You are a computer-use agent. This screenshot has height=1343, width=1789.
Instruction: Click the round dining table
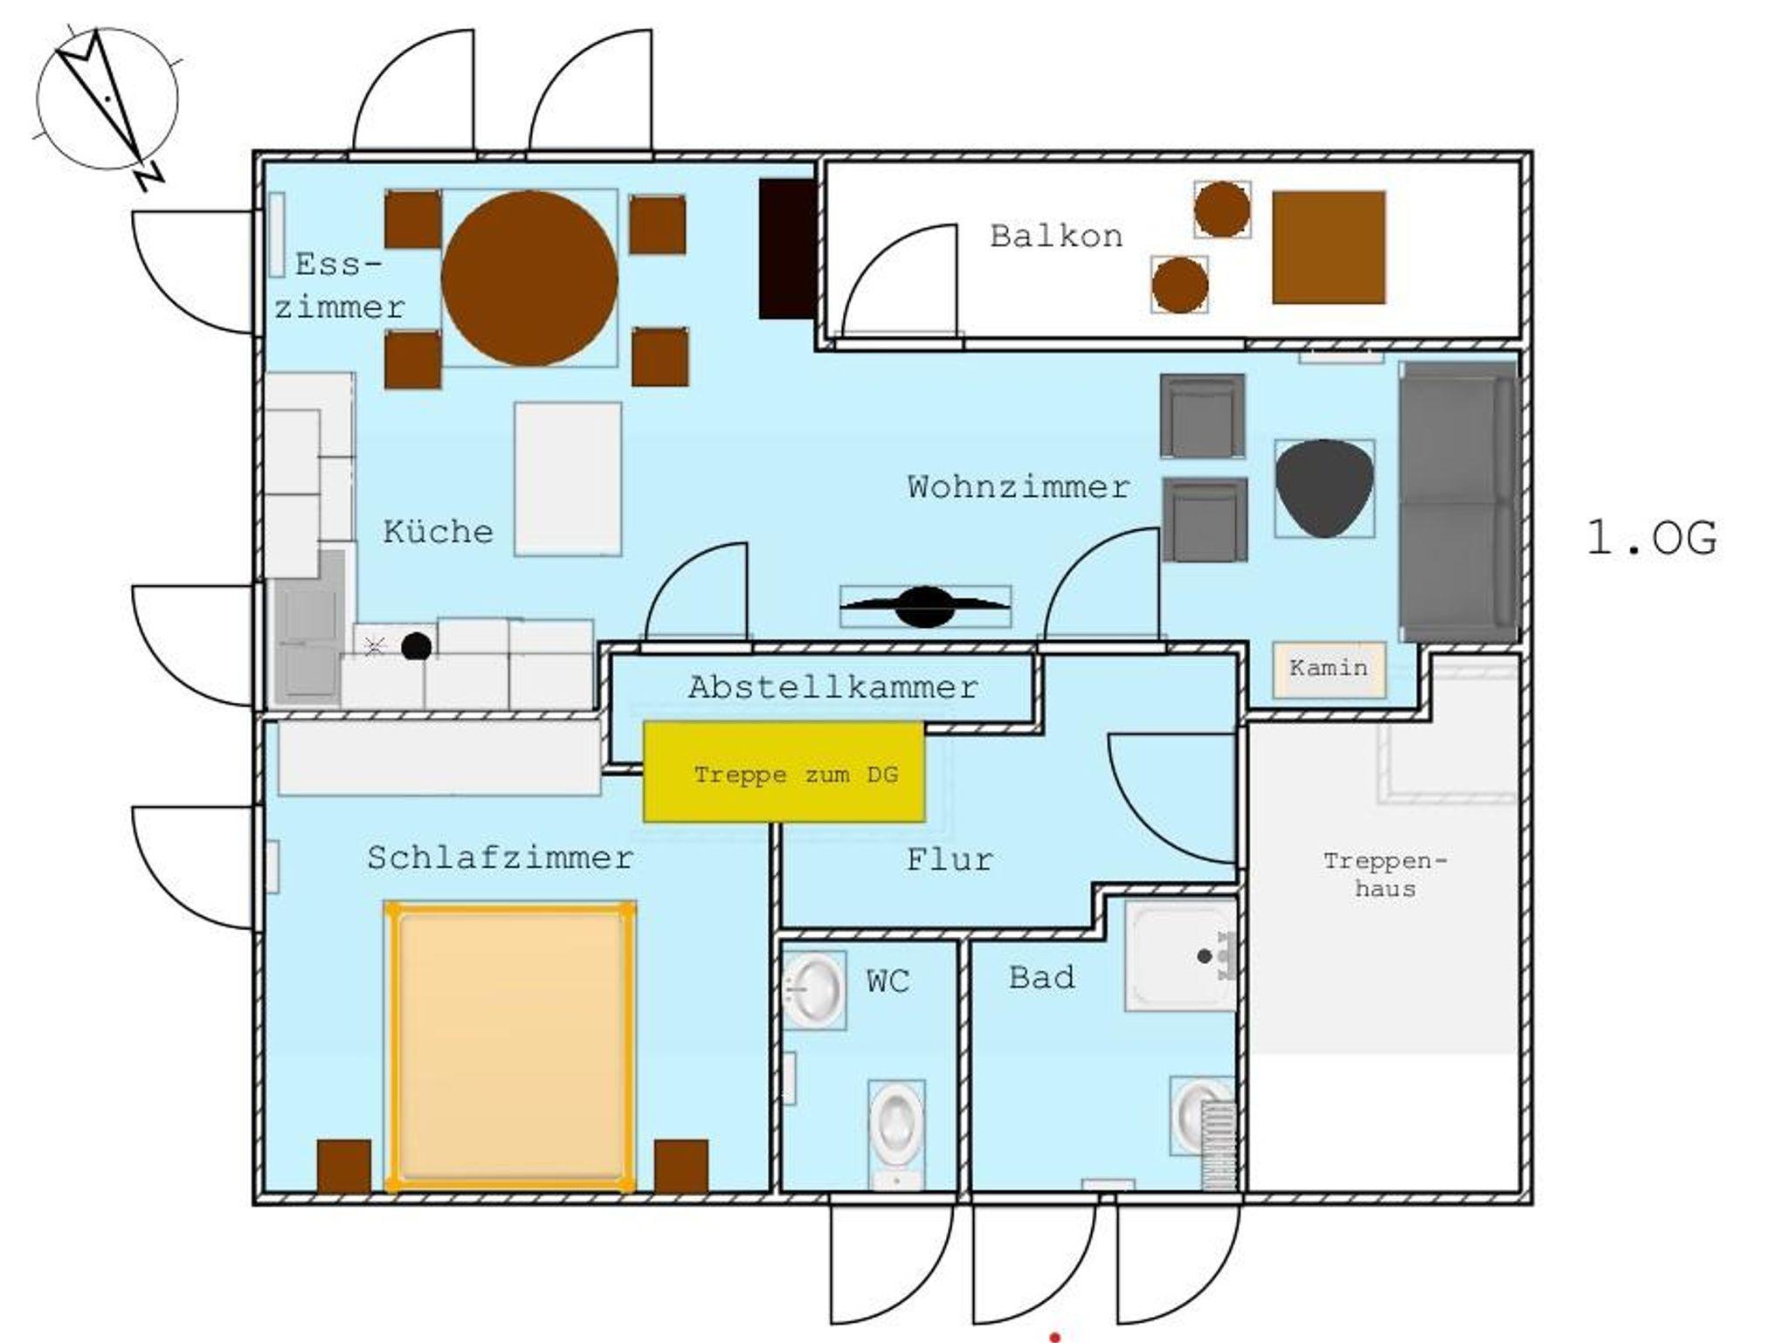(529, 279)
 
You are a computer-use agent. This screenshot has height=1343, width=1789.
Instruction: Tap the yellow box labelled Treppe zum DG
(784, 772)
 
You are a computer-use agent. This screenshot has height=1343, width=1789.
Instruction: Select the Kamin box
(1329, 669)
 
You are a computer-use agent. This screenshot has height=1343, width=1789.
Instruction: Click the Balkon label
(1056, 236)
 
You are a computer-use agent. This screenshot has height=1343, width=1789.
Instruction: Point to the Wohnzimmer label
(1019, 486)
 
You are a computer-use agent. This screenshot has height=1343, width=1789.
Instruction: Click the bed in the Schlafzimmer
(510, 1046)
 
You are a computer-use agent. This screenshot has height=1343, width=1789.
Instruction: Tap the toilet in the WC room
(896, 1133)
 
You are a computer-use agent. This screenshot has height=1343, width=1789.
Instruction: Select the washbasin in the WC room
(813, 990)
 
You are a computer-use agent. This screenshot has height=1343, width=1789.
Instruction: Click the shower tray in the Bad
(1181, 956)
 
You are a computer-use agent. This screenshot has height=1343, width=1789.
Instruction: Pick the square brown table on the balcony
(1329, 248)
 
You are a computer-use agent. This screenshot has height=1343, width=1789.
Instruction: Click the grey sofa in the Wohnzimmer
(1457, 502)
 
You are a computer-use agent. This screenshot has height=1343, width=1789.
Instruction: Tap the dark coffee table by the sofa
(1324, 488)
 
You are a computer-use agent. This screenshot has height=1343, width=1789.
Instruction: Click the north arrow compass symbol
(108, 100)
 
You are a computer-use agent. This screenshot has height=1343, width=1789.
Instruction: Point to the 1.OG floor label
(1651, 538)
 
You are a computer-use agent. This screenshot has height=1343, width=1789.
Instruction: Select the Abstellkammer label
(832, 687)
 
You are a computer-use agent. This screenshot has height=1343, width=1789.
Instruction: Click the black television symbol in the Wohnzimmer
(925, 607)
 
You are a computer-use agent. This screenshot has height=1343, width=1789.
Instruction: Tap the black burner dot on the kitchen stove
(417, 646)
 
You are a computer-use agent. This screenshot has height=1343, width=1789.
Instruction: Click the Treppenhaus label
(1385, 875)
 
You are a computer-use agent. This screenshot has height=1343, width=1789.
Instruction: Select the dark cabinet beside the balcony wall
(787, 249)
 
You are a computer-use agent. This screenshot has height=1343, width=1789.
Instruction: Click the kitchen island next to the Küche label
(568, 479)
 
